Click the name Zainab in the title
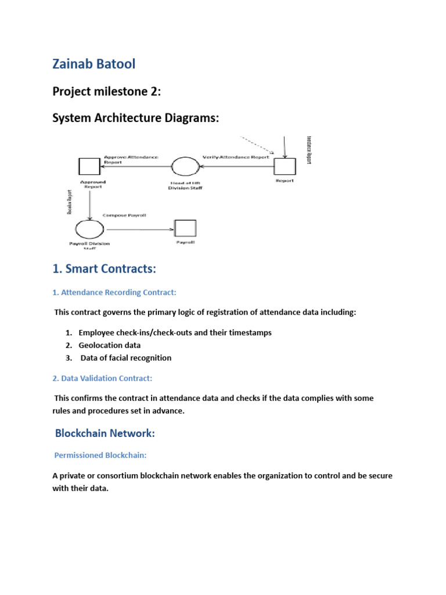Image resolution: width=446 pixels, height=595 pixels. click(x=72, y=64)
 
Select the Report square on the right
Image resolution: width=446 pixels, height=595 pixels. click(x=285, y=167)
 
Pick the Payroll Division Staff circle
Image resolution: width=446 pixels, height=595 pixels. click(x=89, y=228)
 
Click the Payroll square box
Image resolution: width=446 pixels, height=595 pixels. click(x=185, y=228)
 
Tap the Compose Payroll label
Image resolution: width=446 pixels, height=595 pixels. click(x=124, y=215)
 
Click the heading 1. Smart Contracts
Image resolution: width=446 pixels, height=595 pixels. click(x=104, y=269)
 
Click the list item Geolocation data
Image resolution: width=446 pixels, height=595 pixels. click(x=110, y=345)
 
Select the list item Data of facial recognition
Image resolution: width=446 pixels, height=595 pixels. click(x=126, y=358)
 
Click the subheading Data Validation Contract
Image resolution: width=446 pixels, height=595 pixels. click(x=102, y=378)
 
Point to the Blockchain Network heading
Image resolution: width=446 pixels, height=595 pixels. click(x=105, y=433)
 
